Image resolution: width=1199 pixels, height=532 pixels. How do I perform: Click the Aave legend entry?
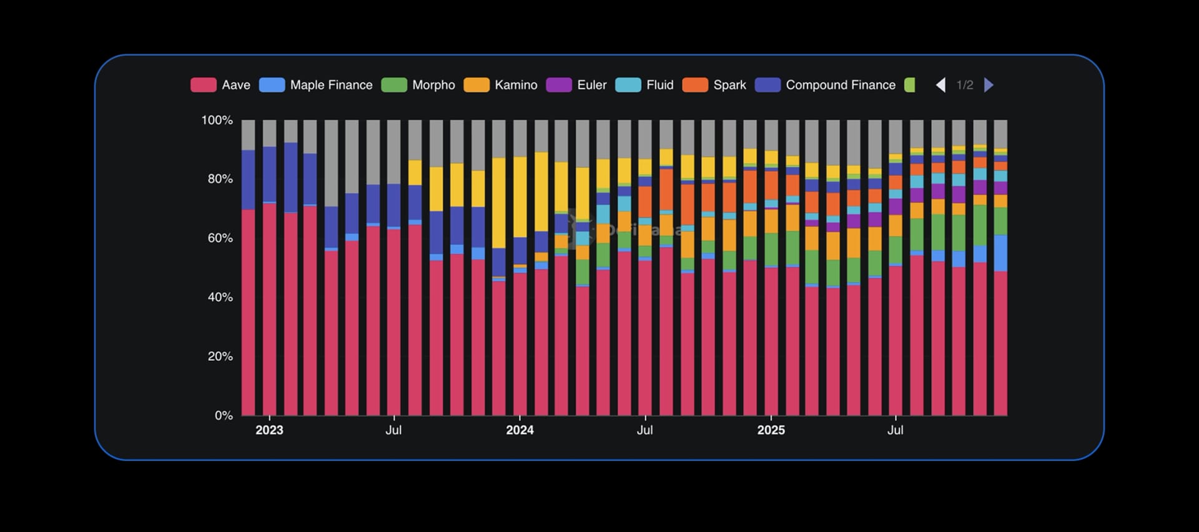click(x=220, y=85)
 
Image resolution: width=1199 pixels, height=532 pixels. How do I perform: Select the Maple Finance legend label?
click(x=316, y=85)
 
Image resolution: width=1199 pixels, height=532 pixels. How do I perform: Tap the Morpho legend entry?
click(x=418, y=85)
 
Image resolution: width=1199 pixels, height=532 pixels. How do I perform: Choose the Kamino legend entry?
click(x=501, y=85)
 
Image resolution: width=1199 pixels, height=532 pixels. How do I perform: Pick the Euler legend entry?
click(x=576, y=85)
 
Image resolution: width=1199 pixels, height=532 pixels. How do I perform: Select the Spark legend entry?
click(x=714, y=85)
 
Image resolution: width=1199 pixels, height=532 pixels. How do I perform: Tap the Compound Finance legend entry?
click(x=826, y=85)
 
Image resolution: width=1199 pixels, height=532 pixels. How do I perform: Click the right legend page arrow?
click(x=989, y=85)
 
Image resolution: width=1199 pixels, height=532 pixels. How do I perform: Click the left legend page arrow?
click(x=940, y=85)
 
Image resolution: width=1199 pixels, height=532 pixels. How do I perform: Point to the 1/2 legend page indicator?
click(x=965, y=85)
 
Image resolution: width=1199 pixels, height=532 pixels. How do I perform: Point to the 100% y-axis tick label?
click(x=217, y=120)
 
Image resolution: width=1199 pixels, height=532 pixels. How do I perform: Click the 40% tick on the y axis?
click(x=220, y=297)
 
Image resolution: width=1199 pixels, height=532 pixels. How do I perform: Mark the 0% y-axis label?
click(x=224, y=415)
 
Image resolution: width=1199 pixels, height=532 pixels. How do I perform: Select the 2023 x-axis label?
click(x=269, y=430)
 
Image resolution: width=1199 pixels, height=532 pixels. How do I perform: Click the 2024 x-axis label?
click(x=520, y=430)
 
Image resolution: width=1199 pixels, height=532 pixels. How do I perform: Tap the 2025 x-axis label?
click(x=771, y=430)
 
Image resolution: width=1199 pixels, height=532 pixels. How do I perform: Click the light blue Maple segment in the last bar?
click(x=1000, y=253)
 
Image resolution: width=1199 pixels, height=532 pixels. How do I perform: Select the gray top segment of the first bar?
click(x=248, y=134)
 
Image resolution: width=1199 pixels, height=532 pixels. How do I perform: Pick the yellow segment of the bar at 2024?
click(x=520, y=197)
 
